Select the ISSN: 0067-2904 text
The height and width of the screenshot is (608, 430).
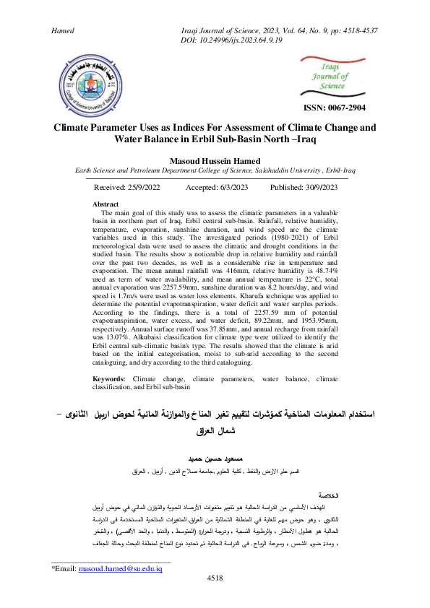click(335, 107)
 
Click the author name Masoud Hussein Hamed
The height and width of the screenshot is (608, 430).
click(215, 160)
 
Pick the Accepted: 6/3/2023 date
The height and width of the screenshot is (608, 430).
click(218, 187)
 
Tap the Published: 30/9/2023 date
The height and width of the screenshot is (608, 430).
click(304, 187)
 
